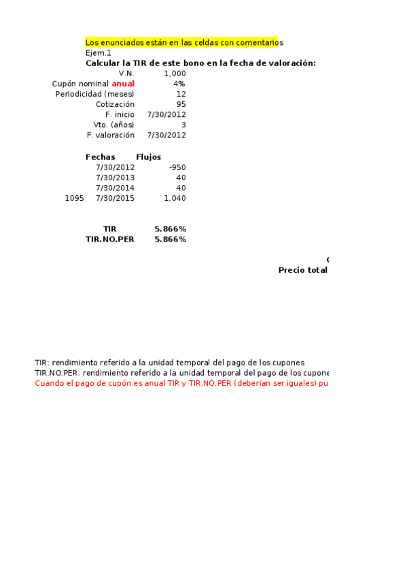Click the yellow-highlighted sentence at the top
182,42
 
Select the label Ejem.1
99,52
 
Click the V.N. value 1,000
175,73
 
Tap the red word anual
123,84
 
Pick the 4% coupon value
179,84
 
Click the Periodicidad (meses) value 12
181,94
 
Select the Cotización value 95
181,104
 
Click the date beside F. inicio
166,114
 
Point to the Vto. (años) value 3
183,125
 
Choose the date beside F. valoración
166,135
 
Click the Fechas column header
101,156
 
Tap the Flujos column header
149,156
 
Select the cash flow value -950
177,167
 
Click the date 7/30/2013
116,177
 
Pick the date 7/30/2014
116,188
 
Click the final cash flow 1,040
175,198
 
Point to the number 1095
75,198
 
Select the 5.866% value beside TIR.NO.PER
171,239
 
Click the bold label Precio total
302,270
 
